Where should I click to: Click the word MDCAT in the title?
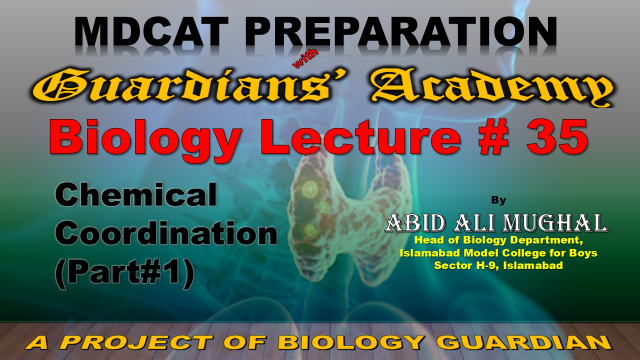click(151, 31)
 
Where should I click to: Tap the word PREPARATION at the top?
click(401, 31)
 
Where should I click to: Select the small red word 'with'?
click(305, 58)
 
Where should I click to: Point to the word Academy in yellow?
click(491, 88)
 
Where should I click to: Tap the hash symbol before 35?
click(494, 136)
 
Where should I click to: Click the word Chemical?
click(136, 194)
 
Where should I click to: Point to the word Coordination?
click(166, 233)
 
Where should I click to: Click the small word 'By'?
click(498, 200)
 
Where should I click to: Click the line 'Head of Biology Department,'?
click(498, 240)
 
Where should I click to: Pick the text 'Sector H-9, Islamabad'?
click(498, 266)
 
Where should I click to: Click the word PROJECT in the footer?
click(137, 342)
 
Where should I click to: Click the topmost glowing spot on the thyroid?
click(310, 189)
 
